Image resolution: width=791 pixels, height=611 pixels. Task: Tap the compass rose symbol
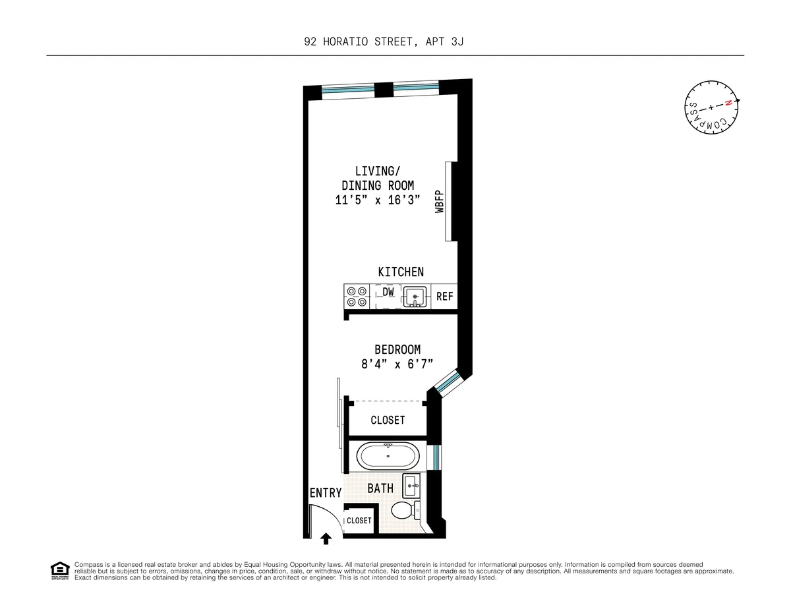711,111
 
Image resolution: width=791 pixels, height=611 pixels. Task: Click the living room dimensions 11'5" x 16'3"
378,200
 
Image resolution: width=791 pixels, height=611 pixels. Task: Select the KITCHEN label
401,272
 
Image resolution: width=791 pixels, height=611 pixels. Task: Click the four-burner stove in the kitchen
357,296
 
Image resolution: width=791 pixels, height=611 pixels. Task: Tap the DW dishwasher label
388,291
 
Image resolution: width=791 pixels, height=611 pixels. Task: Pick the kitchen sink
415,297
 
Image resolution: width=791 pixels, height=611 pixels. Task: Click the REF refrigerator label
445,297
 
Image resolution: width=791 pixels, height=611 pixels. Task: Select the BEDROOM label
397,349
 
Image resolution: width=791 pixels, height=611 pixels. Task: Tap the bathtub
388,455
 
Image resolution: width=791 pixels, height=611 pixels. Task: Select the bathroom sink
412,486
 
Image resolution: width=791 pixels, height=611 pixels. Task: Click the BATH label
380,488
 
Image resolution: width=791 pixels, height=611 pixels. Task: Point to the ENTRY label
326,493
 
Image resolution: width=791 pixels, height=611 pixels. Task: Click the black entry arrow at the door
326,539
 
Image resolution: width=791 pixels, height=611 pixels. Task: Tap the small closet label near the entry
359,521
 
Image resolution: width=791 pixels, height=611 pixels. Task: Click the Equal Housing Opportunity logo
60,570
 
